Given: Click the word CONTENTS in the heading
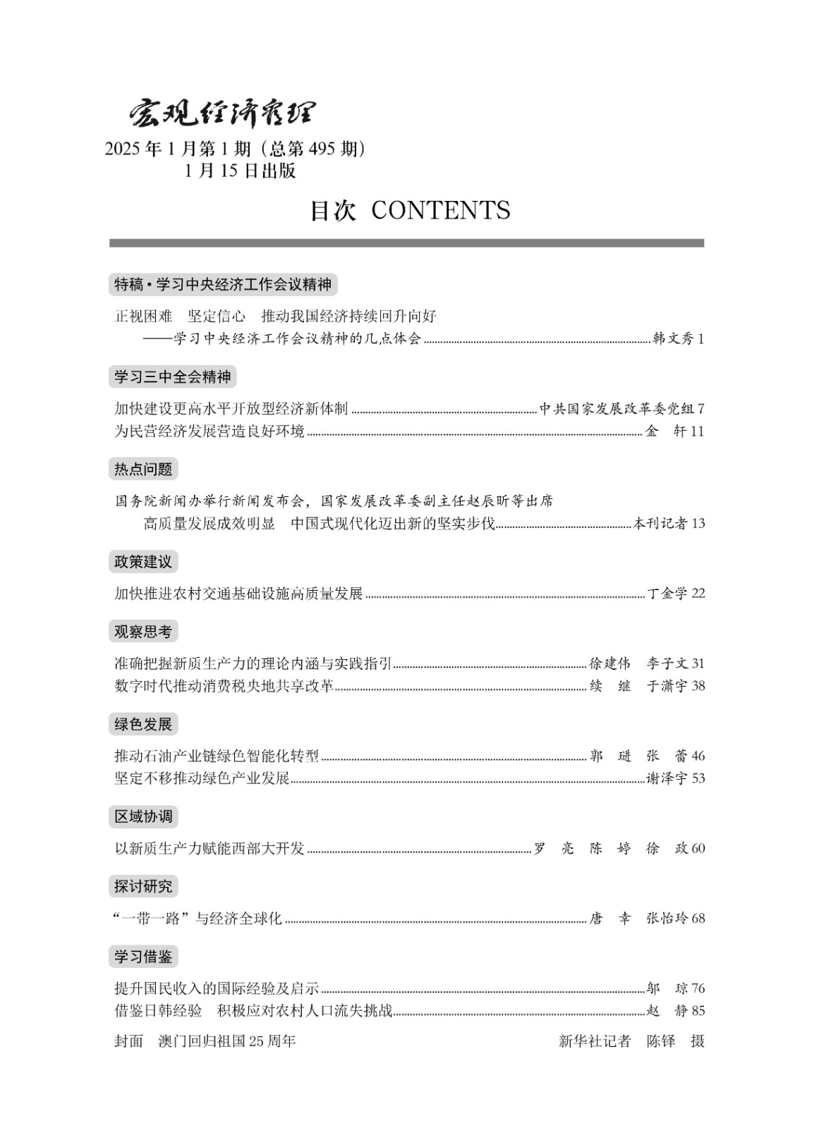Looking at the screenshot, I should click(440, 210).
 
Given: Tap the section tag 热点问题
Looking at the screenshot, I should click(143, 469).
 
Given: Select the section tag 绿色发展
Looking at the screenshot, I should click(143, 724).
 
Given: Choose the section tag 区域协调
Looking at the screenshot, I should click(143, 816).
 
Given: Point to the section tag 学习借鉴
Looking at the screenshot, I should click(143, 957).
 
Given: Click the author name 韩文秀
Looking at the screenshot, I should click(673, 338).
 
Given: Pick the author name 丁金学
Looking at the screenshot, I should click(667, 593).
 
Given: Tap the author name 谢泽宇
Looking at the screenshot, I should click(667, 778).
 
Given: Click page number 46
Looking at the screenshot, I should click(698, 756).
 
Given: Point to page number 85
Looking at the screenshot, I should click(698, 1010).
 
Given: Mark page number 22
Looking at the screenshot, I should click(698, 593).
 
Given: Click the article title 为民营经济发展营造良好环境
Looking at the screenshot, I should click(210, 431).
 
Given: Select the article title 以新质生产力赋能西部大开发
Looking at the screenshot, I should click(210, 848).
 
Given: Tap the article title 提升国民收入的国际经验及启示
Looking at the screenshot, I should click(217, 988).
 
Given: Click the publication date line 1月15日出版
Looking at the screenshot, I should click(240, 171).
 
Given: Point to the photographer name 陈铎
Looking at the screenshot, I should click(661, 1041).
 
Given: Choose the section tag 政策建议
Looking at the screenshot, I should click(143, 562).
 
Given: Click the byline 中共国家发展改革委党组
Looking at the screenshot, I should click(617, 409).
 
